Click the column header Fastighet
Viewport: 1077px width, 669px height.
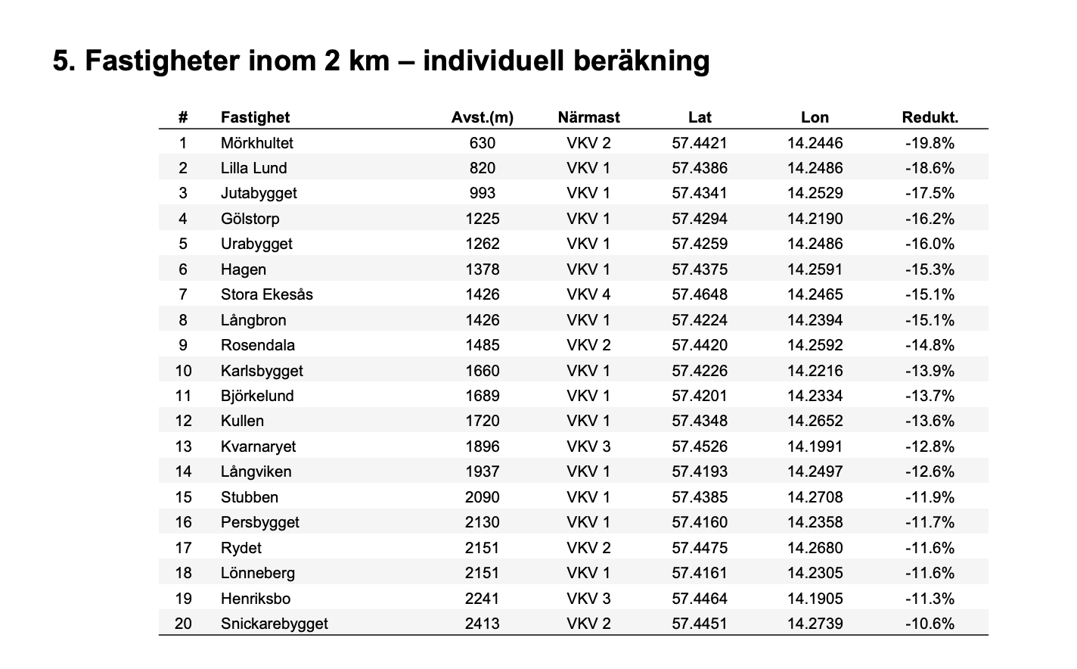point(255,117)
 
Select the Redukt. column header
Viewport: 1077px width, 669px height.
point(930,117)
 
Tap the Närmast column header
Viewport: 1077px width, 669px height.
point(588,117)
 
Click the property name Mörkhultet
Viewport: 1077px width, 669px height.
point(256,143)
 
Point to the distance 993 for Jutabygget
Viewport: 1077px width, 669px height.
point(483,193)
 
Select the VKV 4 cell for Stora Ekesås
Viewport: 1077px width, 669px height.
point(588,294)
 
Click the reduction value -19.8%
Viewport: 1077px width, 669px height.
point(930,143)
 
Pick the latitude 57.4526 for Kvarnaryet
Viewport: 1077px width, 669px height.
point(700,447)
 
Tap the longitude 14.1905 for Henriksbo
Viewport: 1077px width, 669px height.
point(815,599)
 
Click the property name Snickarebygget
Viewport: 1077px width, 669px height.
point(274,624)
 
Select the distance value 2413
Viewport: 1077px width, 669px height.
point(483,624)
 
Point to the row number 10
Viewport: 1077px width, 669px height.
point(183,371)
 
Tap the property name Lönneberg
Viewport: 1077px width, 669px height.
point(257,573)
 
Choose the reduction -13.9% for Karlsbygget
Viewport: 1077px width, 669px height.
point(930,371)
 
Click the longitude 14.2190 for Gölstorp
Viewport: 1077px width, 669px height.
point(815,219)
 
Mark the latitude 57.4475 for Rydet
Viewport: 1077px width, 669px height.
point(700,548)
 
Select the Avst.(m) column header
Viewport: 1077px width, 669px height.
point(483,117)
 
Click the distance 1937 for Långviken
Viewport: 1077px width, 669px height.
point(483,471)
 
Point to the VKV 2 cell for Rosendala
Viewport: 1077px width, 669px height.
point(588,345)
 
